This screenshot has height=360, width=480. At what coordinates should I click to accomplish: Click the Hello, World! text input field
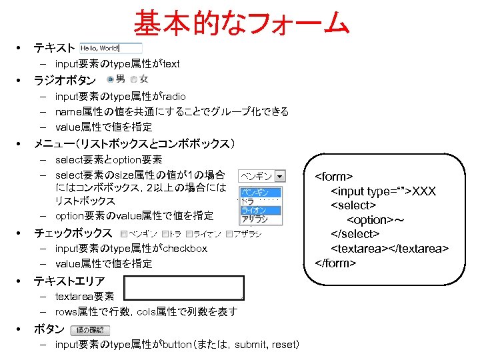[111, 48]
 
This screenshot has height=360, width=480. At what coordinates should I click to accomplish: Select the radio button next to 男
[110, 80]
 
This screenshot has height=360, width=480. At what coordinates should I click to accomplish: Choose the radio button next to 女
[134, 80]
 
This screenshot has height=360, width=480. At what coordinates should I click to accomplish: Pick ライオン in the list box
[253, 210]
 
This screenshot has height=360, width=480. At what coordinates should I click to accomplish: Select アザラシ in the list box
[253, 219]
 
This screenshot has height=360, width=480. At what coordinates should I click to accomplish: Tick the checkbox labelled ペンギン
[125, 234]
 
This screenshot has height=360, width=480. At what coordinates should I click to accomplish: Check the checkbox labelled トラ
[166, 234]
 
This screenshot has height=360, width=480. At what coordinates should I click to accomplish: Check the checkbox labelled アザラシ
[229, 234]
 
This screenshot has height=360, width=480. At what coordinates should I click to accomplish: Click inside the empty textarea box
[184, 287]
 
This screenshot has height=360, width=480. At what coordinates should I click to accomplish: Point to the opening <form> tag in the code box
[333, 177]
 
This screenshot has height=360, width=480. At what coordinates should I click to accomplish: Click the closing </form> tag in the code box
[335, 263]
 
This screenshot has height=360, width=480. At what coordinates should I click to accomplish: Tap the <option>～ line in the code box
[375, 220]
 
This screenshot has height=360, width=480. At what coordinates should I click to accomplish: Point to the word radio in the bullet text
[174, 97]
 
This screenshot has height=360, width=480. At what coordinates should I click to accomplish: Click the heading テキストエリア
[69, 281]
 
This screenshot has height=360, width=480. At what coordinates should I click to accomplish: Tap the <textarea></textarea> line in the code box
[389, 249]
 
